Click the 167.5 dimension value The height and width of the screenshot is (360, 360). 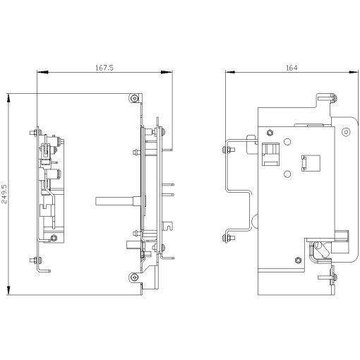point(104,68)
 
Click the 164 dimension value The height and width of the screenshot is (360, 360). point(291,68)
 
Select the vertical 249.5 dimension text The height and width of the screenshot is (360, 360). point(5,194)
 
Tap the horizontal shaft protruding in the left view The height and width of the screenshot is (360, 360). point(113,200)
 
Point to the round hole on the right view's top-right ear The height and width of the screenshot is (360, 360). point(345,132)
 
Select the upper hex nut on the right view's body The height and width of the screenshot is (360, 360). point(270,131)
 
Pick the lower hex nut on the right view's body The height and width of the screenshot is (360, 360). point(297,260)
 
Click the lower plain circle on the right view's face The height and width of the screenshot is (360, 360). point(287,174)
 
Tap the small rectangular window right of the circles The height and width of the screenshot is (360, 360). point(307,162)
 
